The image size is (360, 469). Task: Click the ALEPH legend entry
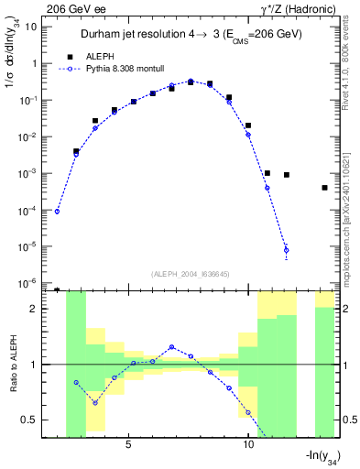(99, 56)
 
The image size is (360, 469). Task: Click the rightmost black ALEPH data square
(325, 188)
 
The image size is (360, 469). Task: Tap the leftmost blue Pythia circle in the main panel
(57, 212)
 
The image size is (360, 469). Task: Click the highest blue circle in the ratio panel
(171, 347)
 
